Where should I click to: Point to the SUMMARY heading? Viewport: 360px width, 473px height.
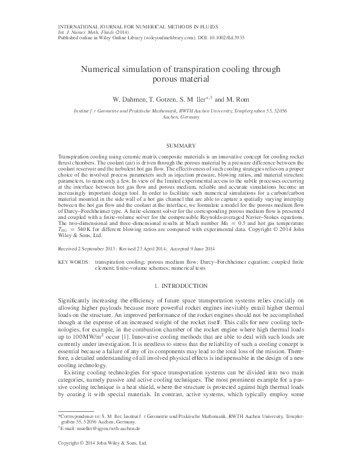coord(180,146)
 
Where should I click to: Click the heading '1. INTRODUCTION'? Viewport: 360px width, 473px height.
coord(180,284)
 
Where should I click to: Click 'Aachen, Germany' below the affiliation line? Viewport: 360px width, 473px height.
coord(180,118)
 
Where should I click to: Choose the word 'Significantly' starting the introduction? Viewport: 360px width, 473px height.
coord(77,301)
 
